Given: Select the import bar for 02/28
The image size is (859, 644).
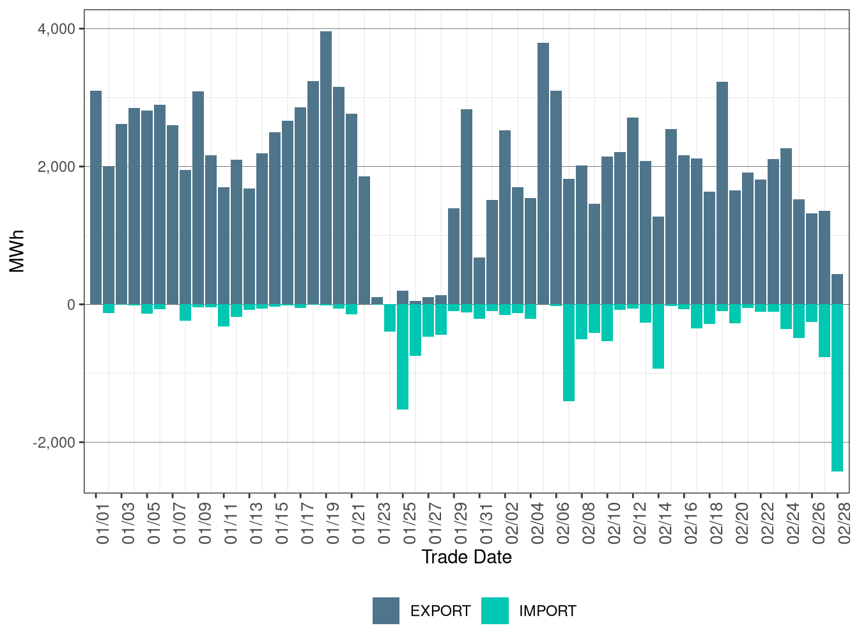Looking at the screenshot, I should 837,387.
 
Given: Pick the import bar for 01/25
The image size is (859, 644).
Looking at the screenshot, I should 403,356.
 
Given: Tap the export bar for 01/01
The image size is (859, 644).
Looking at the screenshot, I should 96,197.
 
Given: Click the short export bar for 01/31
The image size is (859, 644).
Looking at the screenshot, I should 479,281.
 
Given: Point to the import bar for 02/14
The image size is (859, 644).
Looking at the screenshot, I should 658,336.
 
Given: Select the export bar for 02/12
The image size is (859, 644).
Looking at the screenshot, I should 633,211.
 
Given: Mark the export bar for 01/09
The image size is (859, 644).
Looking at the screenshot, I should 198,198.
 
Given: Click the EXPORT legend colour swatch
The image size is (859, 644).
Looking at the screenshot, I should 386,611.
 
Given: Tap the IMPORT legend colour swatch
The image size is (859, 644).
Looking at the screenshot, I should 495,611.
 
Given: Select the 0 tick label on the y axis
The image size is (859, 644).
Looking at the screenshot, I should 71,305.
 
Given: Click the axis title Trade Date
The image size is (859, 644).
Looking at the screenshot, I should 467,557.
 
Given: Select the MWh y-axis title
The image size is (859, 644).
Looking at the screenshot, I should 17,251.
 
